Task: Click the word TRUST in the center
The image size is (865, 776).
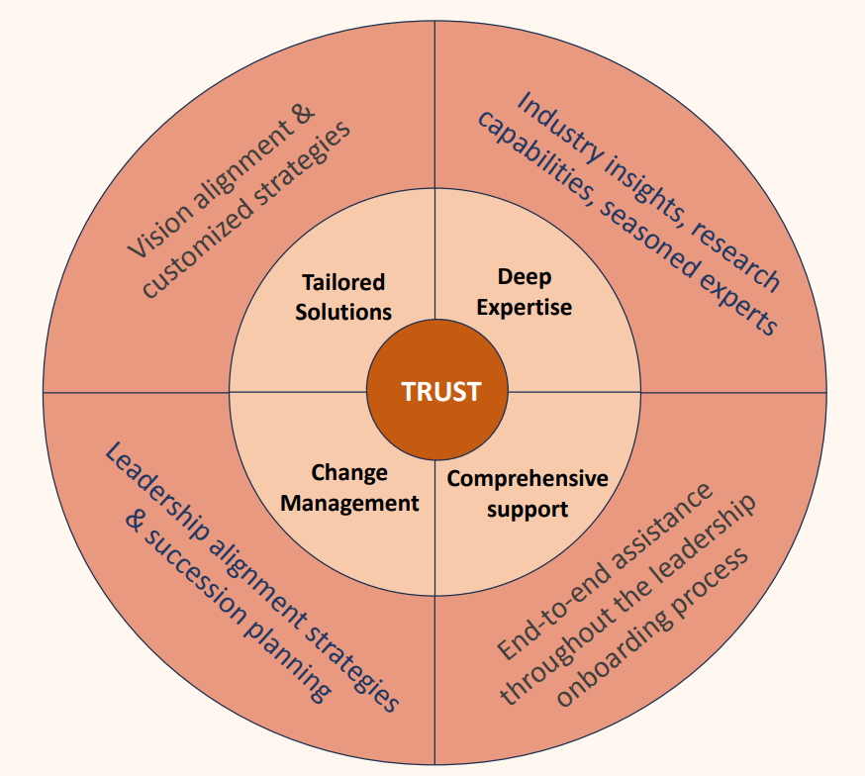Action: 440,391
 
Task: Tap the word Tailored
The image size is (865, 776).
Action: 343,283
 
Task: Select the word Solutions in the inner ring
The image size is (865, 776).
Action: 343,311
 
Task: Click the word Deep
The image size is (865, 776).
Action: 524,276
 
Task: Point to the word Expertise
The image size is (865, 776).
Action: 524,307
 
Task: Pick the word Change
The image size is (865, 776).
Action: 349,472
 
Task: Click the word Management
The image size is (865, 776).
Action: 349,503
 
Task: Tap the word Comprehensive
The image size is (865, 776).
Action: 527,479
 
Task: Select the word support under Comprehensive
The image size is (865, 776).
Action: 527,510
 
